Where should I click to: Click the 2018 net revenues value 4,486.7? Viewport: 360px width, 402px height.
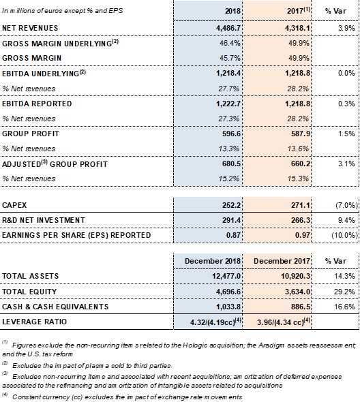click(x=228, y=28)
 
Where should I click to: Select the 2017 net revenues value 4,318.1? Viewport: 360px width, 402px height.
click(x=297, y=28)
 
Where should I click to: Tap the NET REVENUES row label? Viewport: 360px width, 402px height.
click(x=30, y=28)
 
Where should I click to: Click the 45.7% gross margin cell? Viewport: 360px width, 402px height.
click(x=230, y=58)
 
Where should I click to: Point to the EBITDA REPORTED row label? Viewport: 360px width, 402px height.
click(x=37, y=104)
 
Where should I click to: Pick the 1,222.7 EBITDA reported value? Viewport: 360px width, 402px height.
click(x=228, y=104)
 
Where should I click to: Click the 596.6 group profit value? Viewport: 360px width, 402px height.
click(x=231, y=134)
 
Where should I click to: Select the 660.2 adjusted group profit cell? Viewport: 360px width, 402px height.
click(x=301, y=164)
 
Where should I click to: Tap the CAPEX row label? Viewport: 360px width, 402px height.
click(x=14, y=205)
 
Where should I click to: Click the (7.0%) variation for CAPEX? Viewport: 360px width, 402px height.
click(x=346, y=205)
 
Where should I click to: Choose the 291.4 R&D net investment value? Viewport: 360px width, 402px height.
click(x=231, y=220)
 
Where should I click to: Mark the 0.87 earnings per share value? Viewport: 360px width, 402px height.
click(x=233, y=235)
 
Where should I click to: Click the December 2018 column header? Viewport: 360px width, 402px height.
click(x=213, y=261)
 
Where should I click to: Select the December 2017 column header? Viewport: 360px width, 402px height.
click(x=282, y=261)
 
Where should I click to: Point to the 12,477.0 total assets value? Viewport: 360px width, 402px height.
click(x=226, y=276)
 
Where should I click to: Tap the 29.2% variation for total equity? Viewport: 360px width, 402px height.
click(x=344, y=292)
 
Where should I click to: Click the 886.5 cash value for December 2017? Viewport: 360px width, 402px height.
click(x=301, y=307)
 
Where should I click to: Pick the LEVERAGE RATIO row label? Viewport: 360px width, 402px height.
click(x=34, y=322)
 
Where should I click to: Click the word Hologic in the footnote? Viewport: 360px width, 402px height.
click(x=195, y=345)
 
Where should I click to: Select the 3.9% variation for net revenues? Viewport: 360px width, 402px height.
click(x=346, y=28)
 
